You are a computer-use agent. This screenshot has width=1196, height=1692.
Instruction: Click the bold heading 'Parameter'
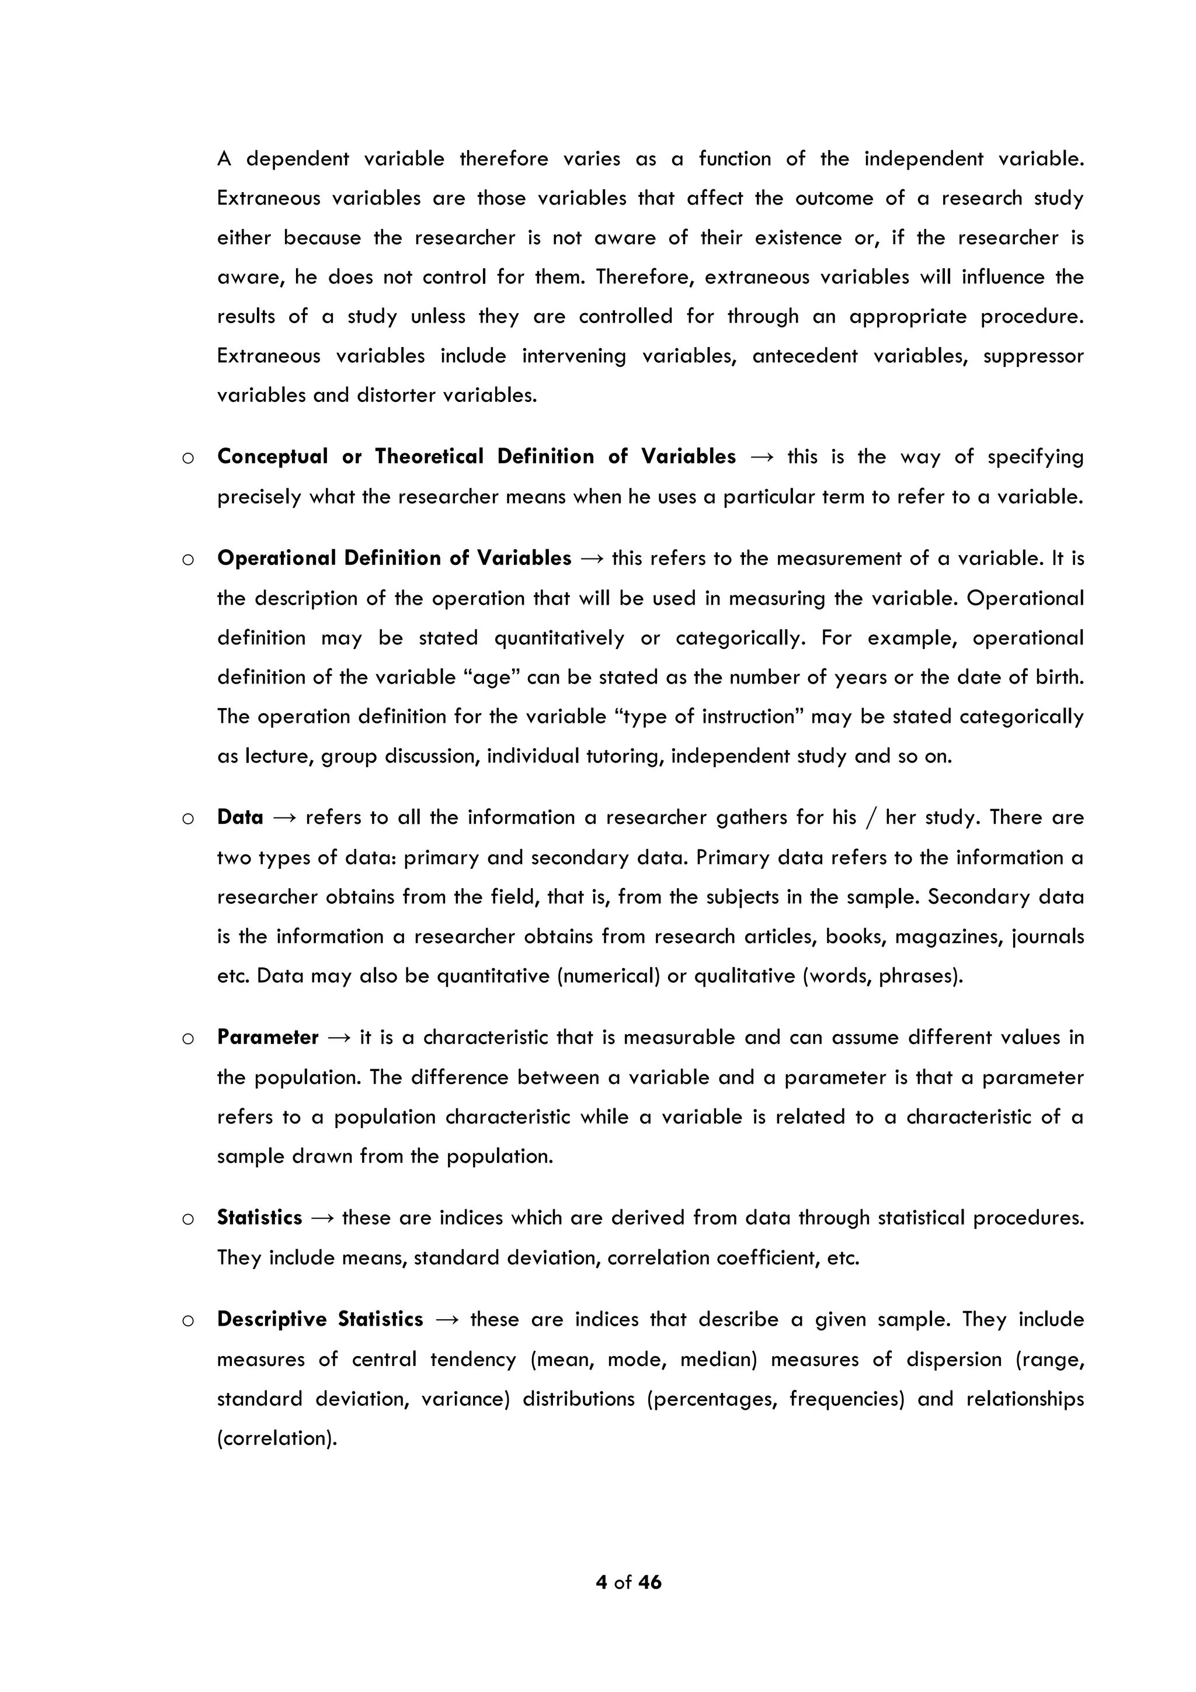[267, 1038]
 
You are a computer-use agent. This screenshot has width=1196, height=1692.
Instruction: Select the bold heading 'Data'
[240, 817]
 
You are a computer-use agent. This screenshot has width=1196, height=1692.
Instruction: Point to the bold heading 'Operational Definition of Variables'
[394, 558]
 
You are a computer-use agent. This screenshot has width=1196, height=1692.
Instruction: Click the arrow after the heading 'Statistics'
[322, 1218]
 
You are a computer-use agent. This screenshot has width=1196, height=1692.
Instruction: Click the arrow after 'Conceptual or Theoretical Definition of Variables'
[762, 457]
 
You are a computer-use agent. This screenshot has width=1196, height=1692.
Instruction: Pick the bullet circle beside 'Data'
[188, 819]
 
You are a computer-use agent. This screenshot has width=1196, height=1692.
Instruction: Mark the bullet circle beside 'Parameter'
[188, 1039]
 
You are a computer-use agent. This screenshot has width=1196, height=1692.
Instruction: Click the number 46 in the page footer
[649, 1582]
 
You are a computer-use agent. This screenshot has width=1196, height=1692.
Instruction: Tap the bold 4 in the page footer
[601, 1582]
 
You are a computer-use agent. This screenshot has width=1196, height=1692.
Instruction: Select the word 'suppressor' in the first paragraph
[1032, 356]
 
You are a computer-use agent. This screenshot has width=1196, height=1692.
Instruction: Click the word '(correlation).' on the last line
[277, 1438]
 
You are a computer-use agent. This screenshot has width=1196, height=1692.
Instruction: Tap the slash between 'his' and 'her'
[871, 818]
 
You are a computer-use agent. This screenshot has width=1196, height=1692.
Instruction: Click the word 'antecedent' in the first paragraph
[805, 356]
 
